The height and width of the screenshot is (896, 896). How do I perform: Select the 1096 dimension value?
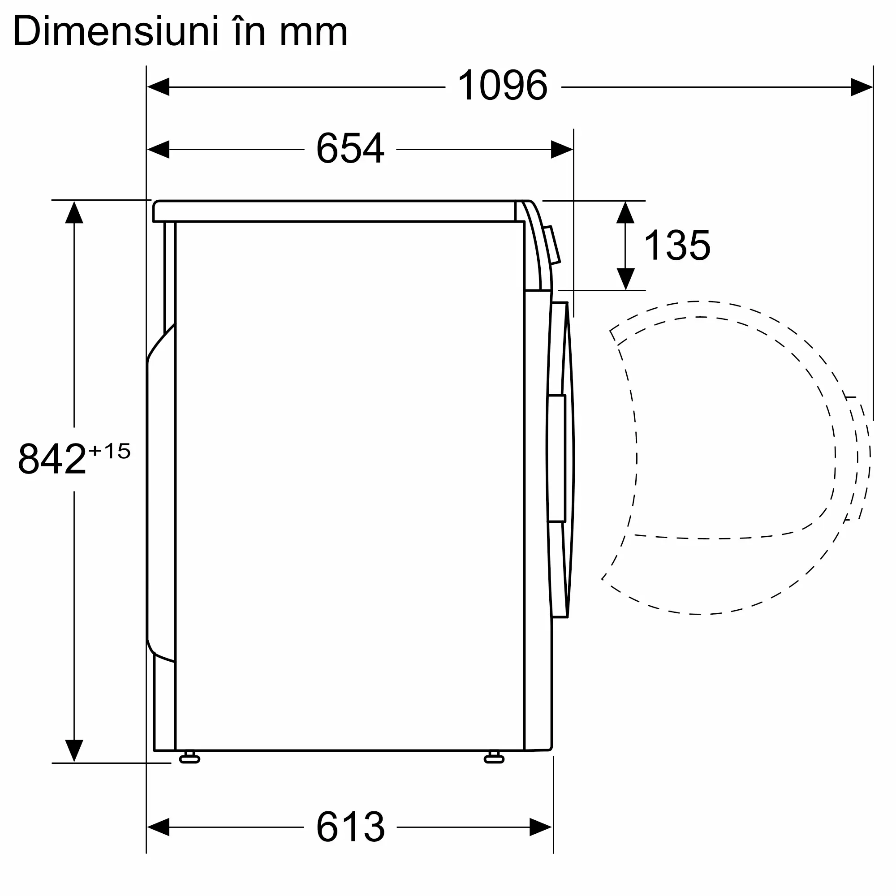click(x=502, y=85)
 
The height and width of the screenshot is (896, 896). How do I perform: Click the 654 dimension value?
click(x=350, y=148)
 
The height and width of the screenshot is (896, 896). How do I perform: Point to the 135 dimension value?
click(x=677, y=245)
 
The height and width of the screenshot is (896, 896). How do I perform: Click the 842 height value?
click(x=52, y=458)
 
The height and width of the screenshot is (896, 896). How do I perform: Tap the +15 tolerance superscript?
click(x=109, y=451)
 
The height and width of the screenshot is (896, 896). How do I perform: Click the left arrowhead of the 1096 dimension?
click(x=158, y=87)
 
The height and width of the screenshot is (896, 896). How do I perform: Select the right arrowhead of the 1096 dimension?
click(x=862, y=87)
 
